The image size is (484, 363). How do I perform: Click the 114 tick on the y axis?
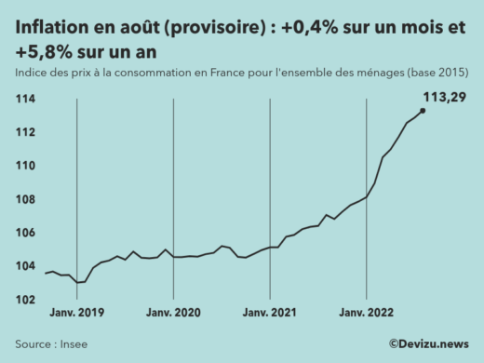[x=25, y=99]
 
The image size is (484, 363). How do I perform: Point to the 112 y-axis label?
[x=25, y=132]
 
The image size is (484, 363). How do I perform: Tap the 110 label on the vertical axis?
[x=25, y=166]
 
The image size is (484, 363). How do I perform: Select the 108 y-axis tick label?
[x=25, y=199]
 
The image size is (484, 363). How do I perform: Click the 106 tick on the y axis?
[x=25, y=233]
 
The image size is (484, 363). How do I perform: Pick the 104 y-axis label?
[x=25, y=266]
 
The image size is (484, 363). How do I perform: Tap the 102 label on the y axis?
[x=25, y=300]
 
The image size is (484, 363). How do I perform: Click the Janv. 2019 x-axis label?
[x=76, y=314]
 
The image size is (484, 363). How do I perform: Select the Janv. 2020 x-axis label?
[x=173, y=314]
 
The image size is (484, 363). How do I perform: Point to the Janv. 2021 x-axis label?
[x=270, y=314]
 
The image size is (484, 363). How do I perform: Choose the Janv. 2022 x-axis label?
[x=367, y=314]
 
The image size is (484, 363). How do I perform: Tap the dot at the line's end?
[x=423, y=111]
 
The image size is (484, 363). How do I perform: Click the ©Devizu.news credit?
[x=429, y=343]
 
